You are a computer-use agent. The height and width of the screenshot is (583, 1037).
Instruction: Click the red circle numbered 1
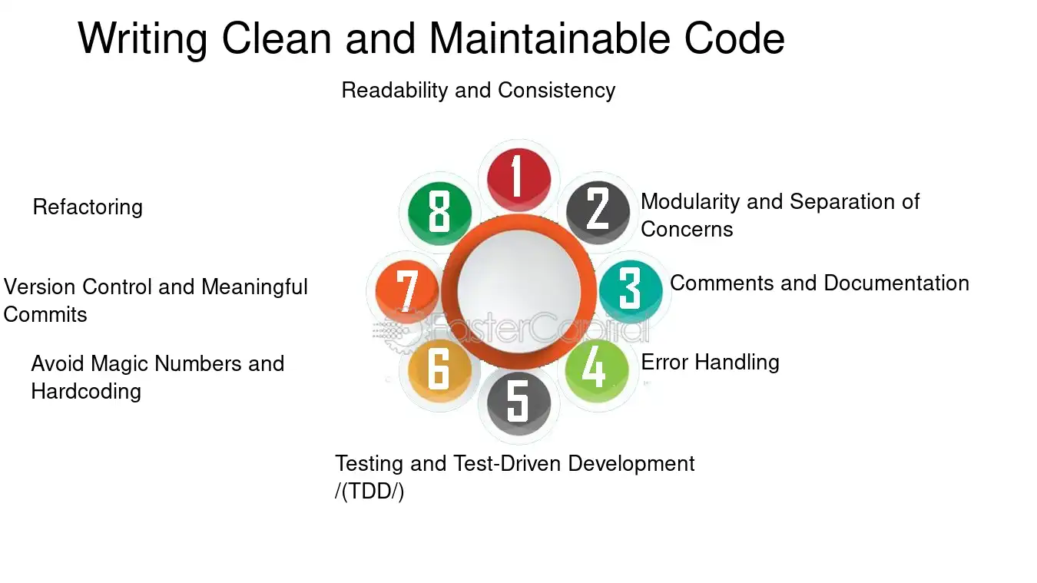pos(518,179)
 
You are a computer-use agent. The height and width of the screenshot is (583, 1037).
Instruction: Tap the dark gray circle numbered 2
pos(598,212)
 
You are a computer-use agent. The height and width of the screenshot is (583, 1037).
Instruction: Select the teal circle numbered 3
pos(631,291)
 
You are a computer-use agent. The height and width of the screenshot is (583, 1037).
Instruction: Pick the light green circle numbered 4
pos(597,370)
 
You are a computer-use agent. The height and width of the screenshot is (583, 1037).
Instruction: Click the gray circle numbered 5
pos(518,402)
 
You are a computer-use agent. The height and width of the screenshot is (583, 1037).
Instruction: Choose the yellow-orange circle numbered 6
pos(440,370)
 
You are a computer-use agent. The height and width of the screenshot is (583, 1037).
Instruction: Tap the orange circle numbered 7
pos(407,291)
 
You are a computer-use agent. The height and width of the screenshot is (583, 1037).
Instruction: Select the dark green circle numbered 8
pos(440,213)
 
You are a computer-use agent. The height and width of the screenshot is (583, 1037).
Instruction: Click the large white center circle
pos(518,291)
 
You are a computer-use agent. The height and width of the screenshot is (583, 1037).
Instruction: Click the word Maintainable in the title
pos(549,38)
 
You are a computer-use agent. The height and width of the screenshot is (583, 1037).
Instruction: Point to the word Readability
pos(394,91)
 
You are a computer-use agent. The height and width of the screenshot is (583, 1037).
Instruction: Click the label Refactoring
pos(88,207)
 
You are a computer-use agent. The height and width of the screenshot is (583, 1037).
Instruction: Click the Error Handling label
pos(711,362)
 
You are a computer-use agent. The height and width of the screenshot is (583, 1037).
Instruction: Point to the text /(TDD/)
pos(369,492)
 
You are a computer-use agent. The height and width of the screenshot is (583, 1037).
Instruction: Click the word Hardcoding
pos(86,392)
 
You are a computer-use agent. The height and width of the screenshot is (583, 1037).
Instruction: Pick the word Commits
pos(45,315)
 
